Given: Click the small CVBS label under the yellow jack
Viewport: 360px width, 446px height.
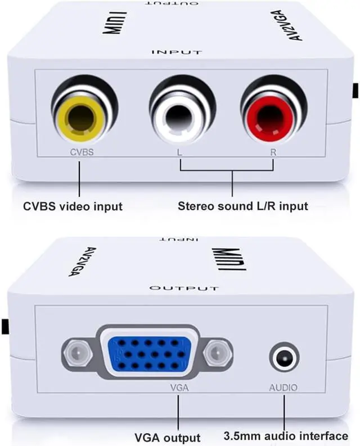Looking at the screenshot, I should [81, 151].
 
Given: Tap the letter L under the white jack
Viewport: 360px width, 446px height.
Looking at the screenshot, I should [179, 152].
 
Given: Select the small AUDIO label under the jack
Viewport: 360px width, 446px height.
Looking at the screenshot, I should [283, 388].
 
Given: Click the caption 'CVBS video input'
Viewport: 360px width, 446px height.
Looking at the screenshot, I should [73, 206].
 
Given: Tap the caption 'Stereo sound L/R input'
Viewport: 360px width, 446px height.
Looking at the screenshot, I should [243, 206].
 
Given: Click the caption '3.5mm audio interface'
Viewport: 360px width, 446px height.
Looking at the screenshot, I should [286, 436].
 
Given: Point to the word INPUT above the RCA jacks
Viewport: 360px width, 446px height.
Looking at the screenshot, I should [177, 52].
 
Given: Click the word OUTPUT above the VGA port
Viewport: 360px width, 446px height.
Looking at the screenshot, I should [183, 288].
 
